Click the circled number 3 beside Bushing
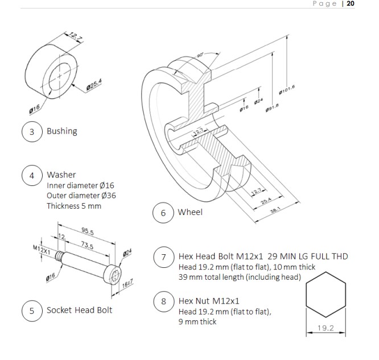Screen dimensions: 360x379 click(x=32, y=131)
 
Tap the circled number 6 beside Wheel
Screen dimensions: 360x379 click(x=163, y=213)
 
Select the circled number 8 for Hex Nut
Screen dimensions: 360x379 click(x=163, y=301)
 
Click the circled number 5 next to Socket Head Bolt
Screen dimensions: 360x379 click(x=32, y=310)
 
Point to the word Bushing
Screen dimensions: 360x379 click(x=61, y=131)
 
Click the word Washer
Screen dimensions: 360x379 click(x=61, y=175)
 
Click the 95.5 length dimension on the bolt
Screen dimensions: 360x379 click(x=87, y=232)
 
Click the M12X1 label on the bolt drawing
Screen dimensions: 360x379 click(x=42, y=250)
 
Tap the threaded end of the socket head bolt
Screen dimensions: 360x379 click(x=60, y=259)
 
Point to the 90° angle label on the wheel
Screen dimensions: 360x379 click(x=200, y=55)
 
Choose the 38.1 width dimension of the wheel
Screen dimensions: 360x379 click(x=275, y=209)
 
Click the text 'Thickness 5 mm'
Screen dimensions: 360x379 click(x=73, y=205)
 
